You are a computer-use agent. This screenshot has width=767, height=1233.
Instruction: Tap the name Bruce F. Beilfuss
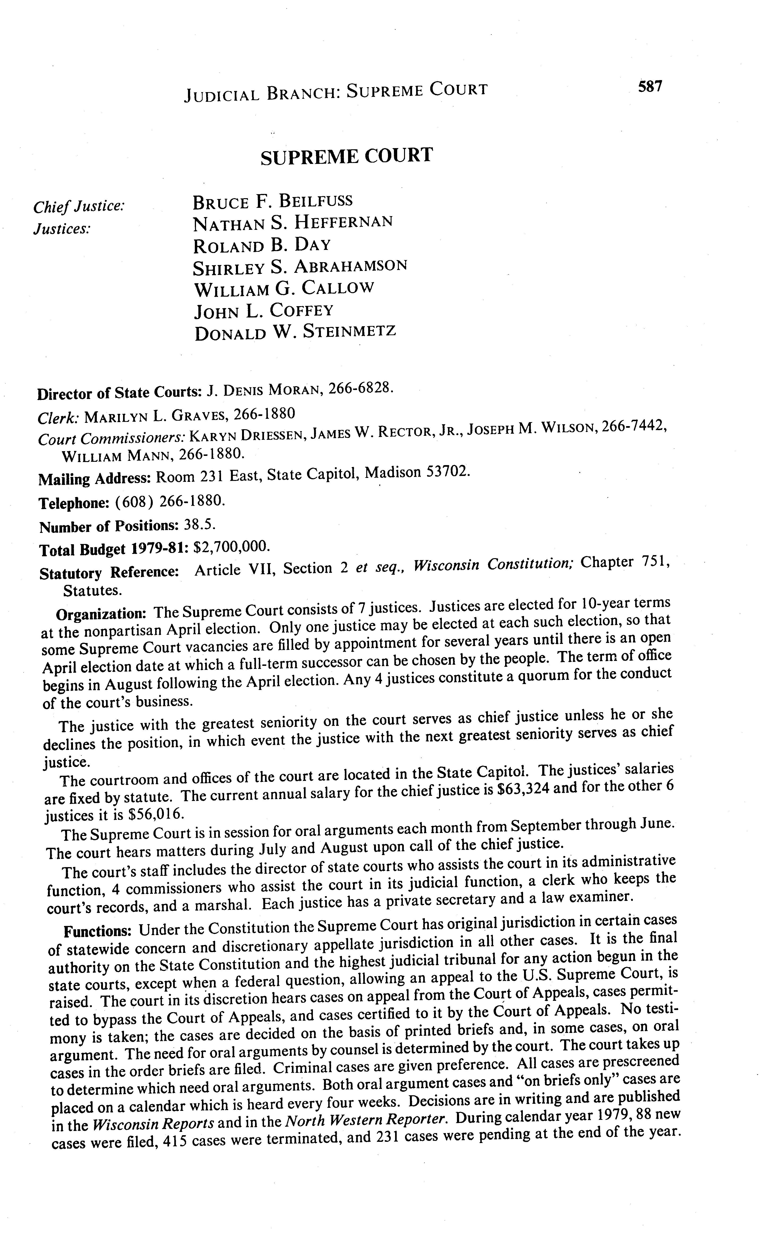(x=273, y=201)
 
